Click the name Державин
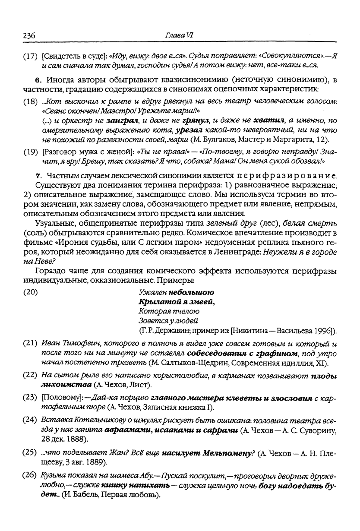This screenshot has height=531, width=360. click(x=172, y=331)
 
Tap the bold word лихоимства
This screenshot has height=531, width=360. click(x=66, y=384)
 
